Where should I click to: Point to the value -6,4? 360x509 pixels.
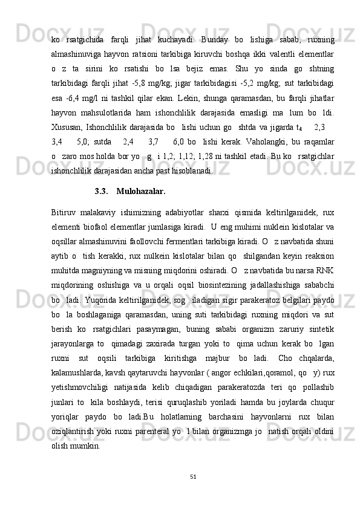click(76, 98)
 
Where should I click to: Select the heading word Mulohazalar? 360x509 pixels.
click(140, 192)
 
